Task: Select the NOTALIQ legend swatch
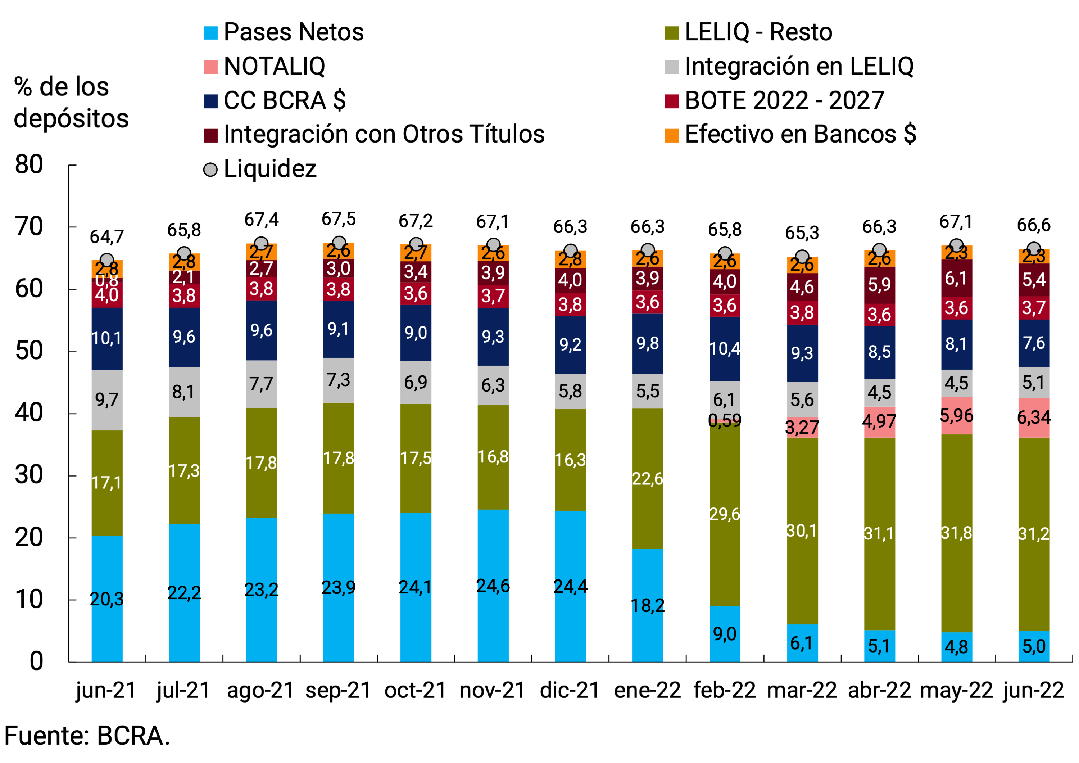(210, 67)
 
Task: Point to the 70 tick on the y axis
(29, 227)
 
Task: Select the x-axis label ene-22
(647, 690)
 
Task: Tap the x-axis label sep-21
(338, 690)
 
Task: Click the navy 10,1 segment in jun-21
(107, 338)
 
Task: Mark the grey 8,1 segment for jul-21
(184, 392)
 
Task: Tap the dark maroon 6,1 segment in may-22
(956, 278)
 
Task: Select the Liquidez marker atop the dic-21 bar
(570, 250)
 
